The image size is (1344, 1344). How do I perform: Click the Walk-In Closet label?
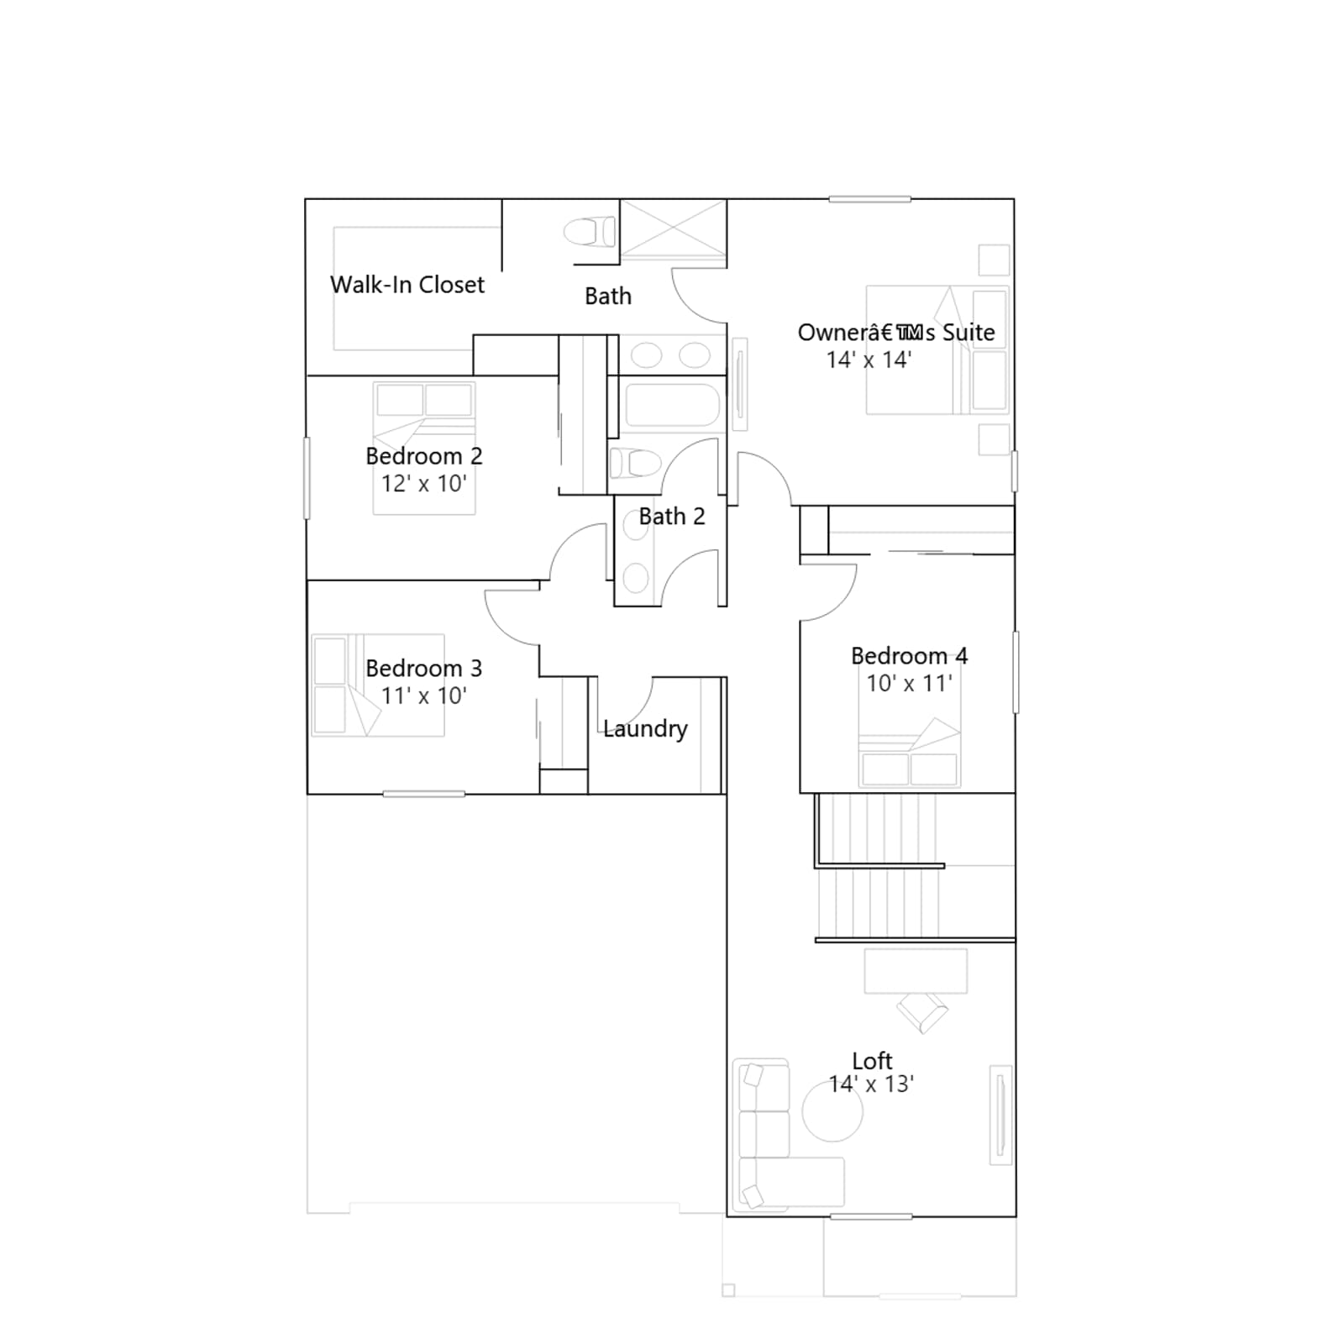pyautogui.click(x=407, y=285)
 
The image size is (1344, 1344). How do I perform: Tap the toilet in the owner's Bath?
pyautogui.click(x=590, y=232)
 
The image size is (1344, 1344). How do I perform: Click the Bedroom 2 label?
pyautogui.click(x=424, y=456)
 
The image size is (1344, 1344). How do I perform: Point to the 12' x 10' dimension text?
pyautogui.click(x=423, y=483)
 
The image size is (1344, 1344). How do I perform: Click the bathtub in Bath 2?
pyautogui.click(x=673, y=406)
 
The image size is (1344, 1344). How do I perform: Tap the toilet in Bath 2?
pyautogui.click(x=635, y=463)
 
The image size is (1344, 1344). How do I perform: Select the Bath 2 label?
pyautogui.click(x=672, y=517)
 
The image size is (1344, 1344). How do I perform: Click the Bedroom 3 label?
pyautogui.click(x=424, y=669)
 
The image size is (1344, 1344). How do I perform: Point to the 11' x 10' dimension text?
pyautogui.click(x=423, y=696)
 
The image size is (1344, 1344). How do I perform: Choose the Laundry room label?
pyautogui.click(x=645, y=729)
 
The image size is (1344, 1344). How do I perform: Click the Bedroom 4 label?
pyautogui.click(x=909, y=656)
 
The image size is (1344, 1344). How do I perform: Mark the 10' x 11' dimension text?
pyautogui.click(x=909, y=683)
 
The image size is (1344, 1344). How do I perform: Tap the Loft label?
pyautogui.click(x=872, y=1061)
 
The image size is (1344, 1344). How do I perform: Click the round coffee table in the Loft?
pyautogui.click(x=832, y=1110)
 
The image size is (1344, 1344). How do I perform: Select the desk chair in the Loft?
pyautogui.click(x=922, y=1012)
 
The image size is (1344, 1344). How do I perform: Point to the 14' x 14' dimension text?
pyautogui.click(x=869, y=360)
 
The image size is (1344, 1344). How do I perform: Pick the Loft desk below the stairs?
pyautogui.click(x=916, y=971)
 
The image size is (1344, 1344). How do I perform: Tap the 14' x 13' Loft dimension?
pyautogui.click(x=871, y=1084)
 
